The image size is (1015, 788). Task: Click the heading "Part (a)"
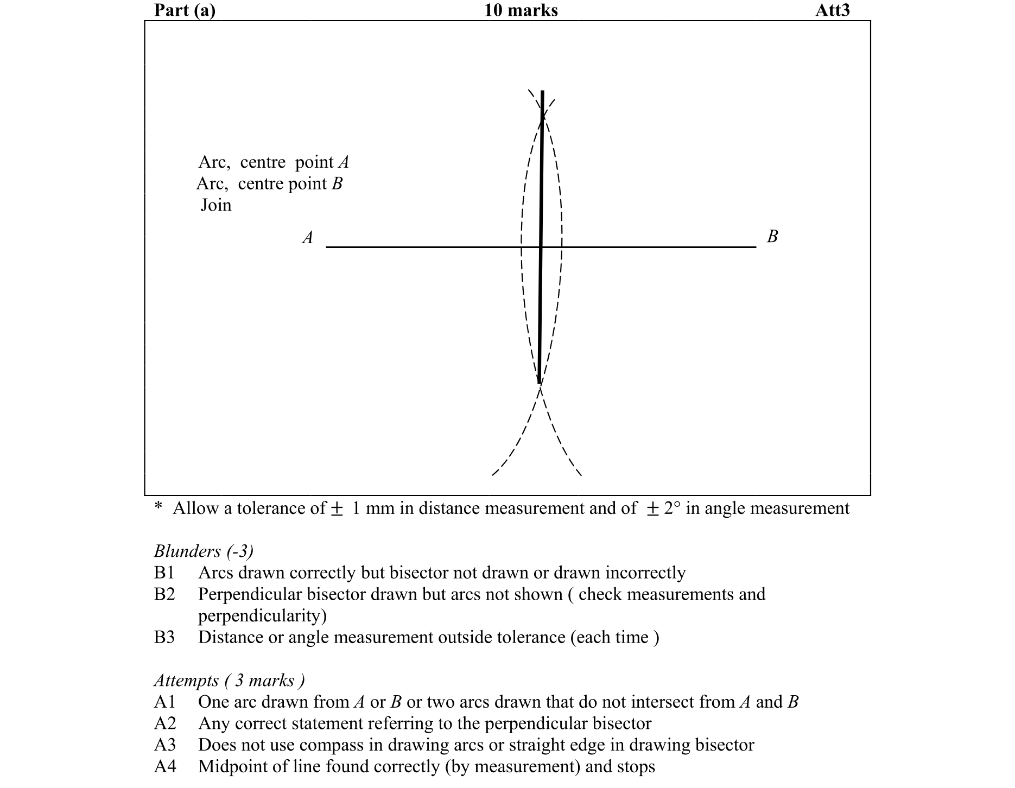point(185,10)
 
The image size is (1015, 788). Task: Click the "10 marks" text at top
point(521,10)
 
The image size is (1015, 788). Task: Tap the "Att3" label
point(832,10)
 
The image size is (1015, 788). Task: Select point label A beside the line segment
point(308,238)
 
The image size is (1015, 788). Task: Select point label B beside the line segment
point(772,236)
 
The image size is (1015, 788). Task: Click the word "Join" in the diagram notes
point(216,205)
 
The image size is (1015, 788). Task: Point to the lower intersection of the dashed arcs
point(540,384)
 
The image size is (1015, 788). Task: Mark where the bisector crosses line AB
point(541,247)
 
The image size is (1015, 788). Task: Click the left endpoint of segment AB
point(327,247)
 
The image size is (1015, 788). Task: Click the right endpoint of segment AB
point(756,247)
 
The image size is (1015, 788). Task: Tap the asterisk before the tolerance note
point(158,507)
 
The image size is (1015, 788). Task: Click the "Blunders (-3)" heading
point(204,551)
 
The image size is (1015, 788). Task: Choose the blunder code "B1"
point(164,573)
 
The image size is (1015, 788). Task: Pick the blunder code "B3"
point(164,637)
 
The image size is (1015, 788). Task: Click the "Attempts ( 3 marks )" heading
point(229,681)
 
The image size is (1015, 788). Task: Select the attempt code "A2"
point(165,723)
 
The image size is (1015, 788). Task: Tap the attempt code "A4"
point(165,766)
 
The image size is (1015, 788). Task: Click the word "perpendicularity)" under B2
point(262,616)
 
